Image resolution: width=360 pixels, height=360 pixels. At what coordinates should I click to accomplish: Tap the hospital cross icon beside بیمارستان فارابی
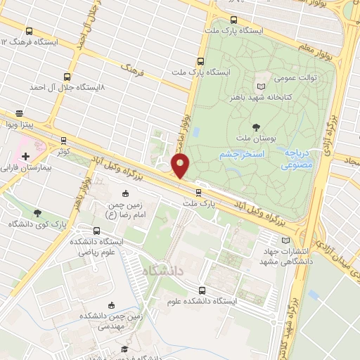(25, 155)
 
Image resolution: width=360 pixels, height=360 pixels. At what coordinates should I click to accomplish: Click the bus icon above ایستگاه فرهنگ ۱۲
(29, 32)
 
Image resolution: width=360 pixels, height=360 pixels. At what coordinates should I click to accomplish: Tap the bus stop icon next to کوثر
(65, 141)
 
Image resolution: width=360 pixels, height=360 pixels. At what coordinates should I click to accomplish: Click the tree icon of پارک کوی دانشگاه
(37, 213)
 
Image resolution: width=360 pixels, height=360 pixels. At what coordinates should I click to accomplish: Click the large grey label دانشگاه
(162, 270)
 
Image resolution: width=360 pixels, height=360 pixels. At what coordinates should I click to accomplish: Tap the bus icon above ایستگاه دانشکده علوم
(202, 290)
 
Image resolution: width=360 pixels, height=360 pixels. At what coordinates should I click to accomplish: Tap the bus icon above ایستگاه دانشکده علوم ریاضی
(96, 231)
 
